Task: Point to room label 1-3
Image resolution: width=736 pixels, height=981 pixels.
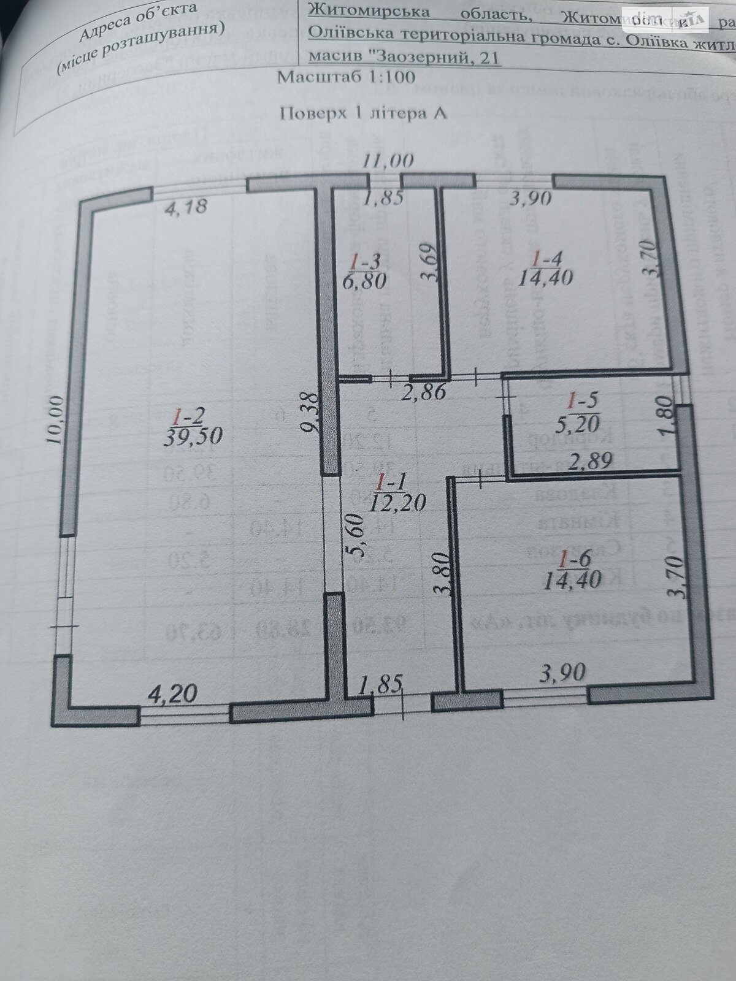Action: pyautogui.click(x=366, y=262)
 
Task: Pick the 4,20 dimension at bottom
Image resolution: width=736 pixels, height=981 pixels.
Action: pyautogui.click(x=174, y=694)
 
